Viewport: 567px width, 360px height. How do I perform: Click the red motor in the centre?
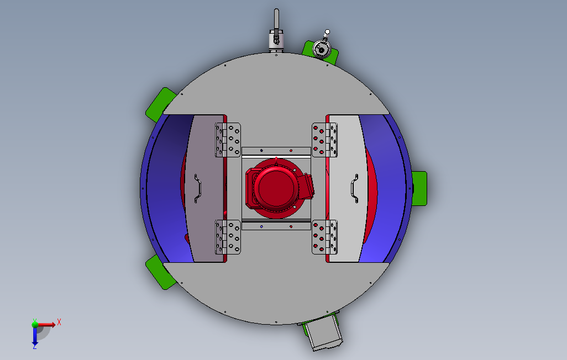coord(277,188)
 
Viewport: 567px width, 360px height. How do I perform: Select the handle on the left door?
coord(197,188)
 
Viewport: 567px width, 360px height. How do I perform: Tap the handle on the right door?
coord(355,188)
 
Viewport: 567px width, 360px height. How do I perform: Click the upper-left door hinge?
coord(228,140)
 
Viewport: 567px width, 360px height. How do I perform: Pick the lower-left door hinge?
coord(228,237)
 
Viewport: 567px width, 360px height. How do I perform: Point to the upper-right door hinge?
coord(325,140)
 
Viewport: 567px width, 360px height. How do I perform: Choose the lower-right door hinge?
coord(325,237)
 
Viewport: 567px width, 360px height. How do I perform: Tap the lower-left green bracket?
coord(160,272)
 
